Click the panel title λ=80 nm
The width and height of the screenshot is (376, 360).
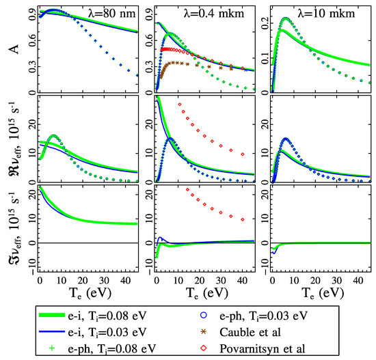coord(111,13)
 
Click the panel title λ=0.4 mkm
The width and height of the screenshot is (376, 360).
coord(214,13)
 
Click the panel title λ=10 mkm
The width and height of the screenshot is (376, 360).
coord(326,13)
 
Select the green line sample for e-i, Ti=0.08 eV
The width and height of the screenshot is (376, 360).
coord(52,315)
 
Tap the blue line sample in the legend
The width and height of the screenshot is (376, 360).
coord(52,332)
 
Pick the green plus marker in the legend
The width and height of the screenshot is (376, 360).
coord(52,348)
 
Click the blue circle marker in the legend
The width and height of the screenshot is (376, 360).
coord(204,315)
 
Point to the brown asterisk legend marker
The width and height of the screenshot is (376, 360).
coord(204,332)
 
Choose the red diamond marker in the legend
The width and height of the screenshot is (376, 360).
coord(204,348)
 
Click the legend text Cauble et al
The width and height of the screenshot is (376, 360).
coord(250,332)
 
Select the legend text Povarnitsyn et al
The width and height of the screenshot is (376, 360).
coord(263,348)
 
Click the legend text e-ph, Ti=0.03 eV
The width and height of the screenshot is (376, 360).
coord(263,316)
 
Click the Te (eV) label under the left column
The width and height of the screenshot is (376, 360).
coord(90,293)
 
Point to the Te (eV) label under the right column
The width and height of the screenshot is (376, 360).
coord(323,293)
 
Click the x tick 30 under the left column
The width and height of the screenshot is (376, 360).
coord(104,281)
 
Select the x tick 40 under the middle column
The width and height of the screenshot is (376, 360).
coord(242,281)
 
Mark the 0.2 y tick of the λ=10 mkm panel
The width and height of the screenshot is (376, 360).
coord(265,23)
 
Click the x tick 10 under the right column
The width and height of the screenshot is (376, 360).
coord(294,281)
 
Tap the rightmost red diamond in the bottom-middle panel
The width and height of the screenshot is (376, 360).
coord(243,219)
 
